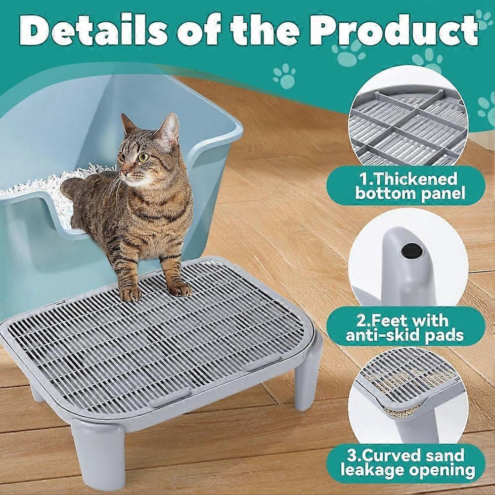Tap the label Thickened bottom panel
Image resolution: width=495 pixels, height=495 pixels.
click(410, 185)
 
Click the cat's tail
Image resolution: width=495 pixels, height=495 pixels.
click(74, 188)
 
